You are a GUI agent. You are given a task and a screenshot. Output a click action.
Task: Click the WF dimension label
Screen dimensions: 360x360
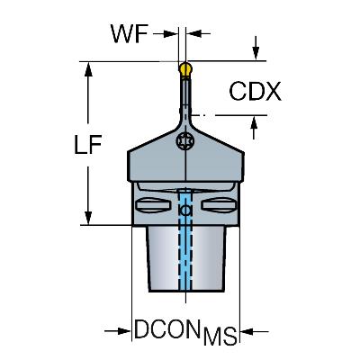[x=130, y=33]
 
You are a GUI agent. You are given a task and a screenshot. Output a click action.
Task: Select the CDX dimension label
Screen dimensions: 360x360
[x=256, y=91]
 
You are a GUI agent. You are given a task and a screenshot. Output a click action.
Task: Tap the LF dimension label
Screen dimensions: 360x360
[x=88, y=145]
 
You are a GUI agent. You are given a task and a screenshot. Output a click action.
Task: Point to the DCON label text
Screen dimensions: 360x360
[x=167, y=329]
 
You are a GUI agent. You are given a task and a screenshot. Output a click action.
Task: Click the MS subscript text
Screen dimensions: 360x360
[x=220, y=336]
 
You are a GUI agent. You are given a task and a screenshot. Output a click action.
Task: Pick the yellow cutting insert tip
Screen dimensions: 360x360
[x=185, y=70]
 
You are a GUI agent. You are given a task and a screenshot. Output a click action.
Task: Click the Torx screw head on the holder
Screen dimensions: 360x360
[x=184, y=140]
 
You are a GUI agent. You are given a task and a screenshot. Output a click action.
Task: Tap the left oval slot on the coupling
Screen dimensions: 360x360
[x=154, y=205]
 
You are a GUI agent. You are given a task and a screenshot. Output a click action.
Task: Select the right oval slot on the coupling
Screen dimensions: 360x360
[x=220, y=205]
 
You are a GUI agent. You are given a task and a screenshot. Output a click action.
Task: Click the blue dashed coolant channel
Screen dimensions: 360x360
[x=185, y=240]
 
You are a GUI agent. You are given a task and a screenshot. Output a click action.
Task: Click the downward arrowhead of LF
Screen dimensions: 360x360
[x=88, y=218]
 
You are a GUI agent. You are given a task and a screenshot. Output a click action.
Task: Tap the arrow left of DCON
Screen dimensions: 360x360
[x=118, y=331]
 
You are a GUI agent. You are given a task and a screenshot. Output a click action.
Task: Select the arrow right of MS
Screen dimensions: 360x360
[x=255, y=331]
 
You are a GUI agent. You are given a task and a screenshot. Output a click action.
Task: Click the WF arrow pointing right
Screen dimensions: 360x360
[x=166, y=33]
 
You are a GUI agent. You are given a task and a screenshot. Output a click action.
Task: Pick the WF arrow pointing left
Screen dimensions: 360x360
[x=198, y=33]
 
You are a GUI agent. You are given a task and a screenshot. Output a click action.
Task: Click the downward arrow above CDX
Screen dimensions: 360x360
[x=256, y=48]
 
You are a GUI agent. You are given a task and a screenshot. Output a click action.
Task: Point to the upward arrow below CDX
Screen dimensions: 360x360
[x=254, y=128]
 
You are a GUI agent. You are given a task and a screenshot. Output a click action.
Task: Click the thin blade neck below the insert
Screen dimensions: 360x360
[x=185, y=96]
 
